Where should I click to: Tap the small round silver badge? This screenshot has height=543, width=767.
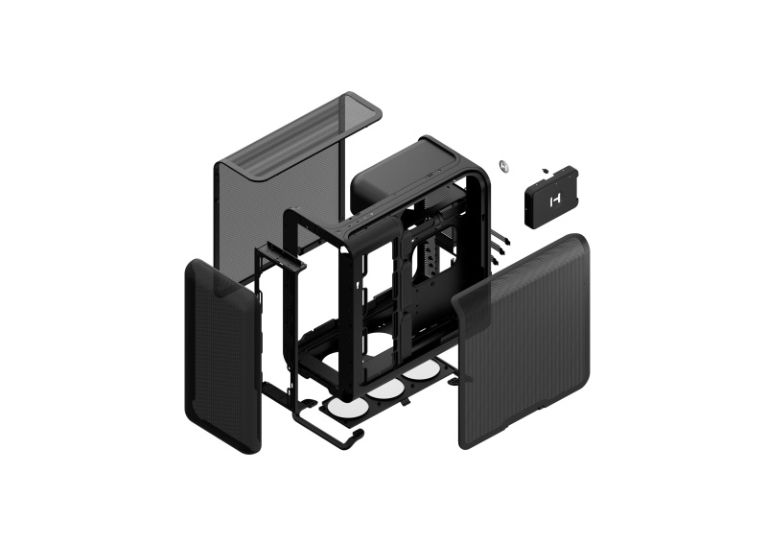point(504,164)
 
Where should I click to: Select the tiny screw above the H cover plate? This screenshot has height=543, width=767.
point(544,170)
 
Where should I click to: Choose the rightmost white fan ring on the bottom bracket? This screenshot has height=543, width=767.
point(418,371)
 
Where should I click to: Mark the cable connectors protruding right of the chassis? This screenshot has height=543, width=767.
point(497,249)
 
